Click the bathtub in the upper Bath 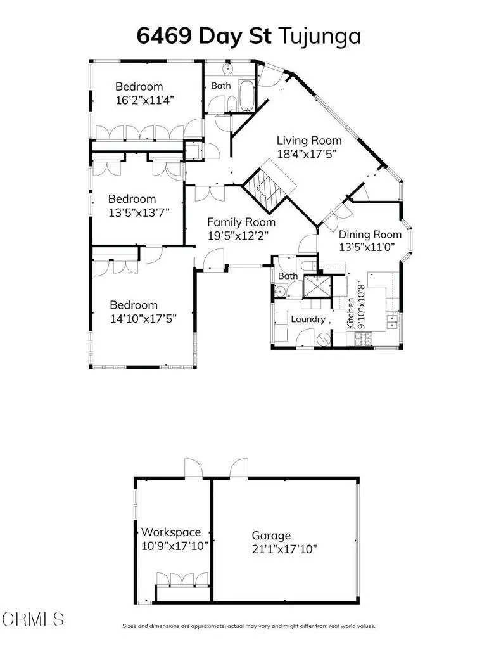pos(246,94)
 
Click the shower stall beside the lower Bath pos(317,286)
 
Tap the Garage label pos(271,536)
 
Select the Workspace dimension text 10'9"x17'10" pos(174,545)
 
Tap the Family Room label pos(241,222)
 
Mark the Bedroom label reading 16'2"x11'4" pos(139,87)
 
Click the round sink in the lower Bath pos(279,292)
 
